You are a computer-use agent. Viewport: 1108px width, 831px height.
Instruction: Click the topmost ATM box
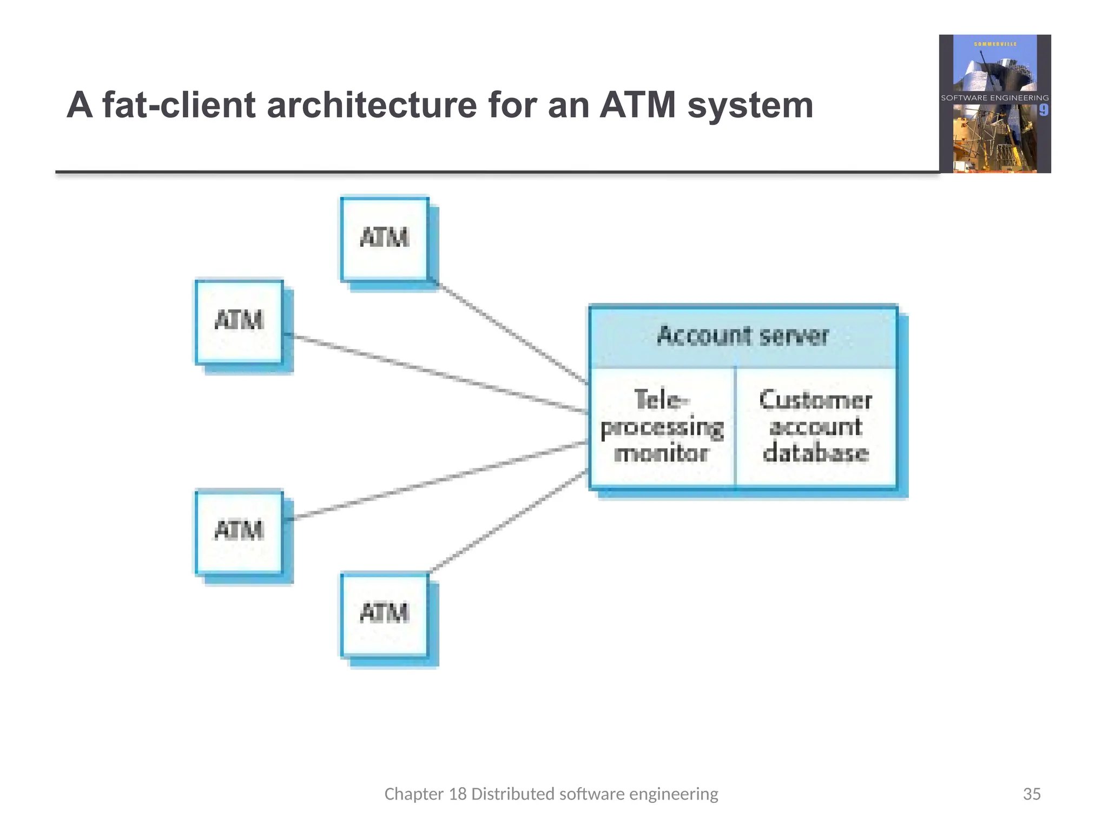coord(385,239)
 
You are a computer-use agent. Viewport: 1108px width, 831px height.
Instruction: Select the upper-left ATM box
coord(239,321)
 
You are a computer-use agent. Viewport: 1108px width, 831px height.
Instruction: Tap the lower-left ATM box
coord(239,531)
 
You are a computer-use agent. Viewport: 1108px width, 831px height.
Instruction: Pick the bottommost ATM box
coord(385,614)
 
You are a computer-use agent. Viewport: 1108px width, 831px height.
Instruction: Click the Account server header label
coord(742,336)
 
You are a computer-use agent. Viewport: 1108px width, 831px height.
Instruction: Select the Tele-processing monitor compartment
coord(662,427)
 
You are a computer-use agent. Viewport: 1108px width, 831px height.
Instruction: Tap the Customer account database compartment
coord(815,427)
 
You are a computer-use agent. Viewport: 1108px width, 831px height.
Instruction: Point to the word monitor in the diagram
coord(661,453)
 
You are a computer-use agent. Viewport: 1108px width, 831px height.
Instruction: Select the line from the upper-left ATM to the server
coord(438,374)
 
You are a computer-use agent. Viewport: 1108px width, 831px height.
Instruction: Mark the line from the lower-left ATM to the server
coord(438,481)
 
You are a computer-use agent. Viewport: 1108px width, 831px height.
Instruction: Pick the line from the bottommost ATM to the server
coord(509,521)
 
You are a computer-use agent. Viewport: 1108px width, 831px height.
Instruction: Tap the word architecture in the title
coord(372,105)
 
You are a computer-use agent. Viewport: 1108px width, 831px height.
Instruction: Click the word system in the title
coord(750,106)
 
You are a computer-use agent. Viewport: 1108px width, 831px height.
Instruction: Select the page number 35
coord(1031,794)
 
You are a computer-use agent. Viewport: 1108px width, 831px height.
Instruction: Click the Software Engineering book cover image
coord(994,104)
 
